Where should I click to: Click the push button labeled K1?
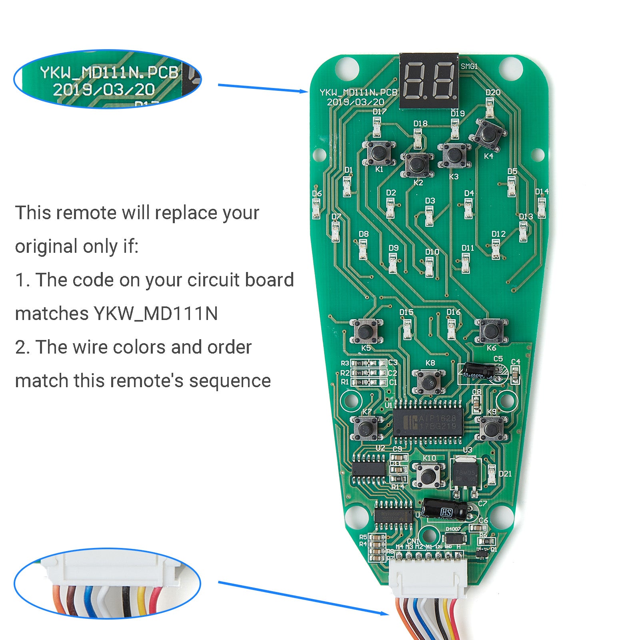pos(378,152)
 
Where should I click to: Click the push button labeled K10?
pos(428,475)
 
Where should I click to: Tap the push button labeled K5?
pos(365,331)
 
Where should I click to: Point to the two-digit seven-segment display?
pos(429,81)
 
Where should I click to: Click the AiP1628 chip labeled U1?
pos(428,422)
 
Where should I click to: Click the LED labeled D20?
pos(490,107)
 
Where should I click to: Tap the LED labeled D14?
pos(542,208)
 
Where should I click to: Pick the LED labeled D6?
pos(316,208)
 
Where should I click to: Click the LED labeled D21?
pos(492,474)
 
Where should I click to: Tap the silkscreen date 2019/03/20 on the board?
pos(356,102)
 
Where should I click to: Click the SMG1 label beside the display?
pos(469,66)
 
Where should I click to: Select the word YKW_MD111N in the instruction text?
pos(156,314)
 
